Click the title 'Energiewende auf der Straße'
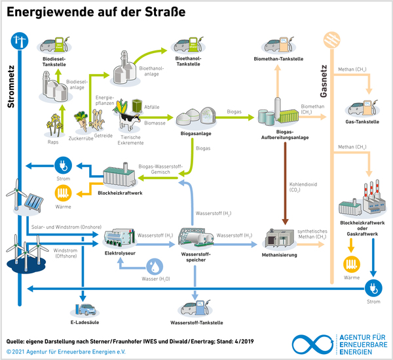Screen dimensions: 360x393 [x=96, y=12]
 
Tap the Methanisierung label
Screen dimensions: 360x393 [x=280, y=254]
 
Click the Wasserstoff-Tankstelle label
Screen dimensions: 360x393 [x=196, y=323]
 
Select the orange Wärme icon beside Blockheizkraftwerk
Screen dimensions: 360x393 [x=64, y=193]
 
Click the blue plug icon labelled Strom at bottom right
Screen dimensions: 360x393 [x=373, y=287]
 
